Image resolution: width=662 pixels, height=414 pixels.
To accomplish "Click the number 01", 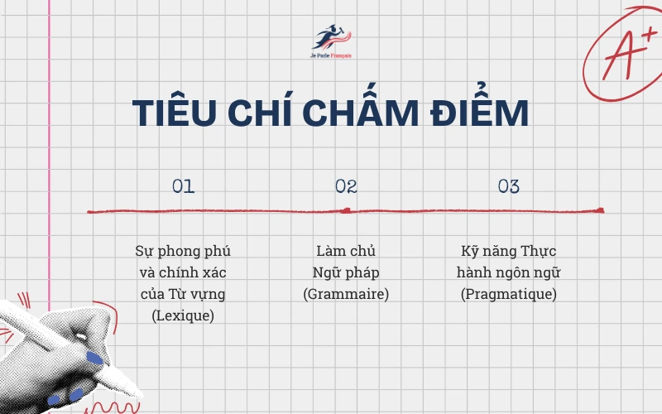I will pos(183,186).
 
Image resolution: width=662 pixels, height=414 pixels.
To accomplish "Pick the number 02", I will pos(346,186).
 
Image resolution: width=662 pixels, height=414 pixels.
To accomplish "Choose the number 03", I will pos(509,186).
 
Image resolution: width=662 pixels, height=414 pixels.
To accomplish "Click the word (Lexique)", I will pos(184,315).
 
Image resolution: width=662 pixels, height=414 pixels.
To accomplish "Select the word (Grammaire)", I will pos(346,294).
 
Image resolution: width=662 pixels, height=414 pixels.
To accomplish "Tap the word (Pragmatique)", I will pos(509,294).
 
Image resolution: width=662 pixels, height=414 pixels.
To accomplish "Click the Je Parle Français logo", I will pos(330,41).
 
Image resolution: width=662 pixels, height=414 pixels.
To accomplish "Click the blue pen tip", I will pos(94,358).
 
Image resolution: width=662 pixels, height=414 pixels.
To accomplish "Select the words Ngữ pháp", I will pos(346,272).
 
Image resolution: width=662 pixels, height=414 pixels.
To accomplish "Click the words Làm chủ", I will pos(346,251).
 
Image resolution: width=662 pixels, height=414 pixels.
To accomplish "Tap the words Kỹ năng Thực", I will pos(509,251).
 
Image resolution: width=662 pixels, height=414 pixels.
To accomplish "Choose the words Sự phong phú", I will pos(184,251).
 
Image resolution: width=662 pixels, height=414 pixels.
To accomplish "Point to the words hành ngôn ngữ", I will pos(509,272).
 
